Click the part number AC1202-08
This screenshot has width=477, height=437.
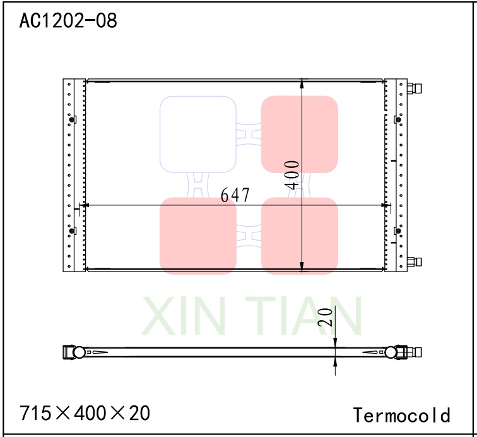pyautogui.click(x=68, y=20)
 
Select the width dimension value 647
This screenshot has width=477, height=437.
pyautogui.click(x=235, y=195)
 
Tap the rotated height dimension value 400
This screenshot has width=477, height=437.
pyautogui.click(x=291, y=174)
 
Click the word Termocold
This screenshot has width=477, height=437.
pyautogui.click(x=402, y=415)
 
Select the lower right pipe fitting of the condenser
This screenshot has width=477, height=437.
pyautogui.click(x=414, y=261)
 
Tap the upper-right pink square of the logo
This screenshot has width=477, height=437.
pyautogui.click(x=300, y=134)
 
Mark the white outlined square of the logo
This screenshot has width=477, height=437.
pyautogui.click(x=197, y=134)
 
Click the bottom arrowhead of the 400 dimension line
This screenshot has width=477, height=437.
pyautogui.click(x=302, y=266)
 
